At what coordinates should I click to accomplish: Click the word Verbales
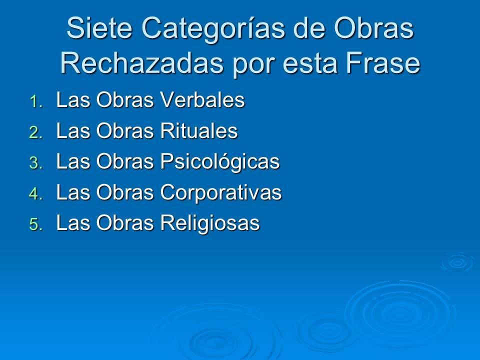coord(202,100)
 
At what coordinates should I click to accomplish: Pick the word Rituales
coord(198,131)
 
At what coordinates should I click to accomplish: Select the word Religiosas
coord(209,223)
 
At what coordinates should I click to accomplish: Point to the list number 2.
coord(35,133)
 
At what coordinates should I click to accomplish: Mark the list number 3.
coord(35,164)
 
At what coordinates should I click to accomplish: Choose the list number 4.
coord(35,195)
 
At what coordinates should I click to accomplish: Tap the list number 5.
coord(35,225)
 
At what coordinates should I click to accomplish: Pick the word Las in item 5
coord(73,223)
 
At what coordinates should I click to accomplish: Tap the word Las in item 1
coord(73,100)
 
